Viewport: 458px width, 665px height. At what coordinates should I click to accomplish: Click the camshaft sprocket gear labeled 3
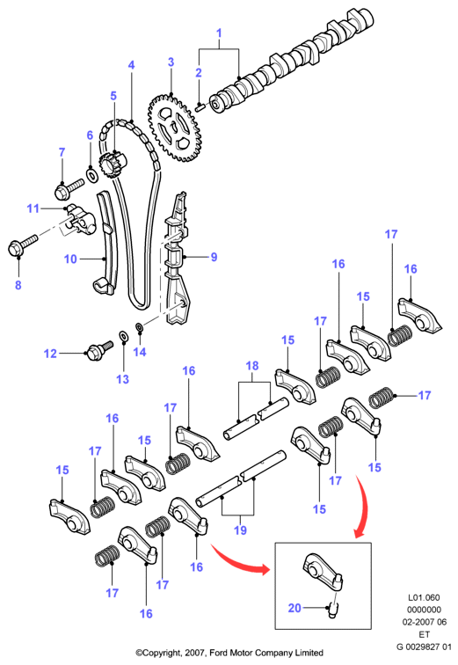click(x=175, y=128)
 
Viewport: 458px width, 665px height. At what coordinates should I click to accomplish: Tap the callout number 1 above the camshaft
click(x=219, y=33)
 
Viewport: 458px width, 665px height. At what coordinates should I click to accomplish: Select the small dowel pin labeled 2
click(x=200, y=106)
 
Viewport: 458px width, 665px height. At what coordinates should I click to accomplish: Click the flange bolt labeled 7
click(x=69, y=189)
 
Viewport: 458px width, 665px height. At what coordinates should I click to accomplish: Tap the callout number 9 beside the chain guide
click(x=214, y=257)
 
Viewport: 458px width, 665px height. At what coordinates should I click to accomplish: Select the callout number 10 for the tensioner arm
click(x=70, y=259)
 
